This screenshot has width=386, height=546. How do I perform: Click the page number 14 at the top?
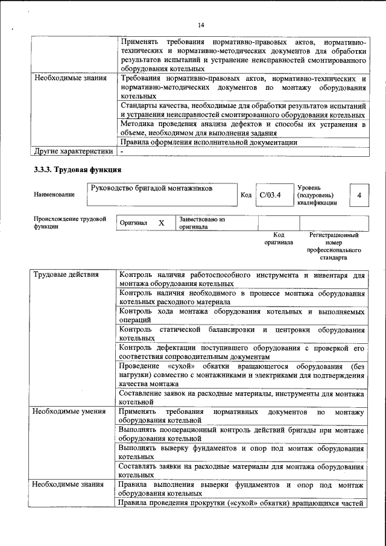201,25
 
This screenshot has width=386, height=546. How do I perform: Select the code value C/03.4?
270,195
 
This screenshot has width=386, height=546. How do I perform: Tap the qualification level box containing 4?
359,195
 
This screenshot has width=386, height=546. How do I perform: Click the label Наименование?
55,194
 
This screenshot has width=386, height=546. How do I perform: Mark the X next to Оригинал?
161,223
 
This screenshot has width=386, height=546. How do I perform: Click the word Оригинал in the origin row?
133,223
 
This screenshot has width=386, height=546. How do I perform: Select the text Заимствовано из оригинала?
201,223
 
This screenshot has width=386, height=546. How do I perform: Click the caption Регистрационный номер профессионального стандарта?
334,246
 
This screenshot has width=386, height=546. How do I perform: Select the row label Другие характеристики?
73,151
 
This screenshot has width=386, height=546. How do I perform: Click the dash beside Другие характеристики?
121,151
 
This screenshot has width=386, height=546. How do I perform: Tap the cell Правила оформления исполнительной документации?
209,142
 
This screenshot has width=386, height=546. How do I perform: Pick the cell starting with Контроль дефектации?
241,352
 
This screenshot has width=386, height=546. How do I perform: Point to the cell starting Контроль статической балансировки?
241,334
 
